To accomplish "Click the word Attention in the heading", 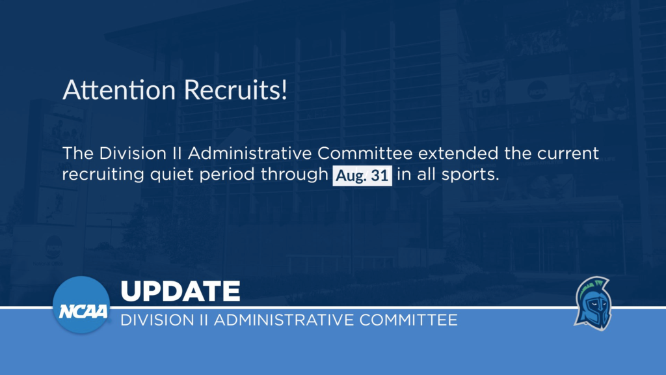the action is coord(119,90).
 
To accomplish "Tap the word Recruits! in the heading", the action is coord(235,90).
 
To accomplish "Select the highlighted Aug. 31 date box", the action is coord(362,175).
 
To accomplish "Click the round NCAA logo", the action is coord(81,305).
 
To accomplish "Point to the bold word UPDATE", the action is coord(181,291).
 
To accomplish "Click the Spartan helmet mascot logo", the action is coord(593,303).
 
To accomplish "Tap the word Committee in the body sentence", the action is coord(365,153).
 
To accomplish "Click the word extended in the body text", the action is coord(459,153).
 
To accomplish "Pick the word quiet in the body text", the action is coord(172,174).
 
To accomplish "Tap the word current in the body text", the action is coord(568,154).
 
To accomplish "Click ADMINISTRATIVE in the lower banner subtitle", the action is coord(284,320).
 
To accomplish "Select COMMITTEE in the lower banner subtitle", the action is coord(408,320).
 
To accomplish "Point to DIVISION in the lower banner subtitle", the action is coord(157,320).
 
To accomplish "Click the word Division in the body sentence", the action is coord(133,153).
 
